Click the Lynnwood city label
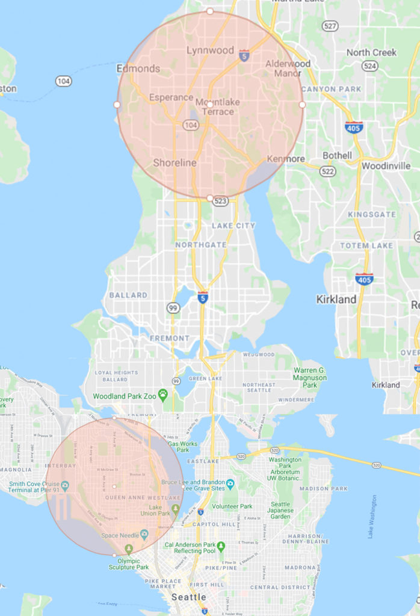[x=209, y=51]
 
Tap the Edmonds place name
[x=138, y=69]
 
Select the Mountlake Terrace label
[x=218, y=107]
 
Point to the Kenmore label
[x=285, y=159]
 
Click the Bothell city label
[x=337, y=155]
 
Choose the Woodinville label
[x=386, y=165]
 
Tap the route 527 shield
[x=330, y=26]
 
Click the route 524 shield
[x=369, y=66]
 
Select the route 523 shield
[x=220, y=202]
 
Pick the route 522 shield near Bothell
[x=327, y=172]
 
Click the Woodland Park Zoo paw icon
[x=162, y=395]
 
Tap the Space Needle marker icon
[x=144, y=534]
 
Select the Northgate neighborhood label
[x=201, y=245]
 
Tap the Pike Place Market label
[x=163, y=583]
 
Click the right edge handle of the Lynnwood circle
[x=302, y=104]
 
